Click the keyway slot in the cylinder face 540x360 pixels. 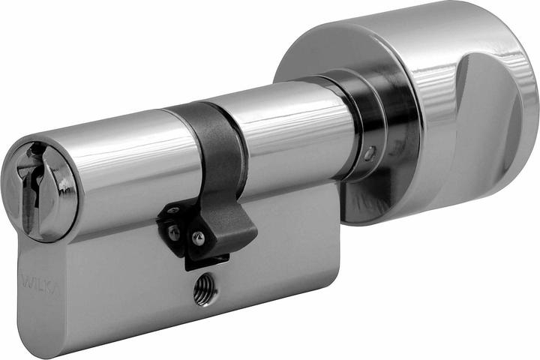pos(31,187)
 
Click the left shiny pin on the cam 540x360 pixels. pos(174,233)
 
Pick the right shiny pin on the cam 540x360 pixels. pos(198,238)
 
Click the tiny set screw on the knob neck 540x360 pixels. pos(368,154)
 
